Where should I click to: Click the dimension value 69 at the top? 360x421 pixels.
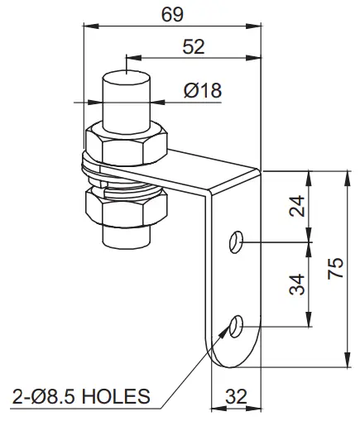(x=174, y=14)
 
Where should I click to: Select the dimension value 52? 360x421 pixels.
(x=193, y=47)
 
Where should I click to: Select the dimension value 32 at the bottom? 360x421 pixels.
(x=237, y=397)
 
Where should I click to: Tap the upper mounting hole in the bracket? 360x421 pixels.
(x=237, y=242)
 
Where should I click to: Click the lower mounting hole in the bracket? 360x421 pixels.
(x=238, y=328)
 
